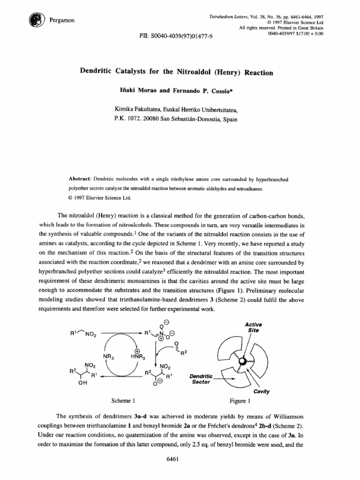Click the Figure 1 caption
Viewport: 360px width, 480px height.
[x=240, y=401]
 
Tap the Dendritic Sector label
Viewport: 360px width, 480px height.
[x=200, y=379]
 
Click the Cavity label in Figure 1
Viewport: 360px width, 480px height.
[x=261, y=391]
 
